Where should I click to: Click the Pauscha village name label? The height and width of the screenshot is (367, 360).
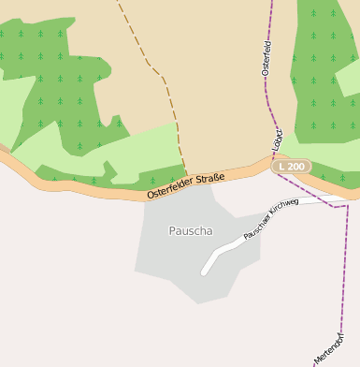coord(190,230)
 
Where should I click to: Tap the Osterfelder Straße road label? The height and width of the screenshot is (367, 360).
coord(185,185)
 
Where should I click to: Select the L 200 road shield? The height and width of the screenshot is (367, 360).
coord(292,166)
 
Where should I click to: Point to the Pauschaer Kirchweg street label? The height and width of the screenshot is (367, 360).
coord(270,219)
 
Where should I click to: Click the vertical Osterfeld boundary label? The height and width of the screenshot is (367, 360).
coord(266,58)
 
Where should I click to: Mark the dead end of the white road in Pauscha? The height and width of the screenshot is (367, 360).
coord(204,272)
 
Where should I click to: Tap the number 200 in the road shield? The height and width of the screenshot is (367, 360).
coord(296,166)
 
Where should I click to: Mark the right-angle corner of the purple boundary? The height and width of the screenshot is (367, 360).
coord(347,206)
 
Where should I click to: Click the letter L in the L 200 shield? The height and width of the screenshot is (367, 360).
coord(281,166)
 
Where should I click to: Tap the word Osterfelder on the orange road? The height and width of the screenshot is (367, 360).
coord(169,190)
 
